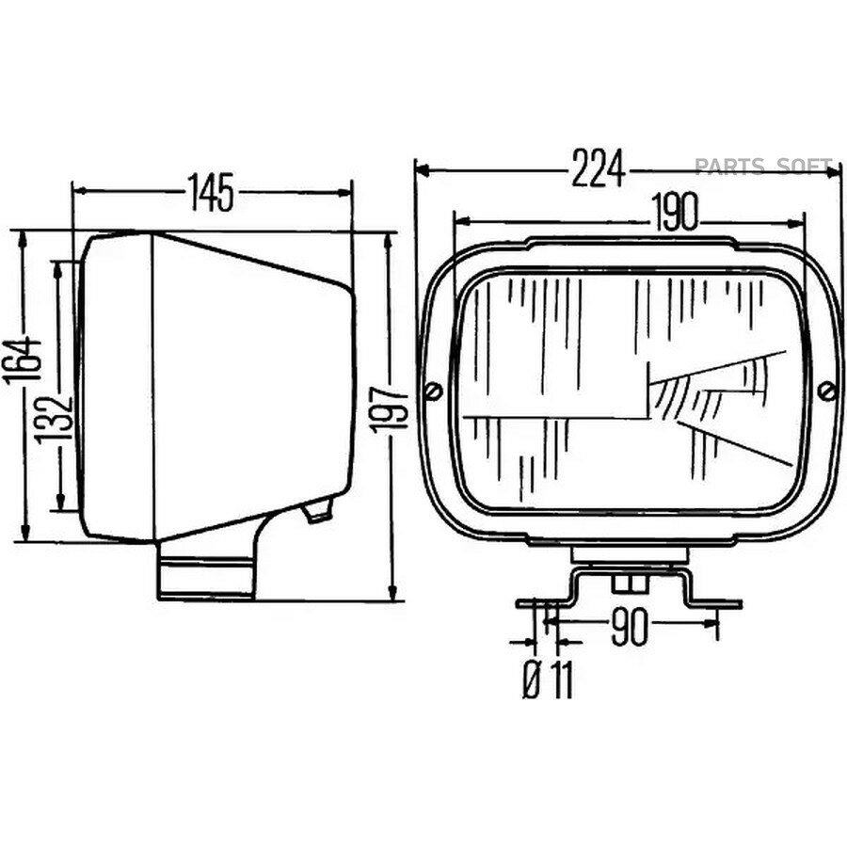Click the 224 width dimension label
point(598,168)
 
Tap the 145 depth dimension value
point(211,192)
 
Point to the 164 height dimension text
point(23,360)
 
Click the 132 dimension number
point(54,421)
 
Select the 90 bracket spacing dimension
point(629,629)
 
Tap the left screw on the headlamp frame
point(434,391)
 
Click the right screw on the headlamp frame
point(826,391)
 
